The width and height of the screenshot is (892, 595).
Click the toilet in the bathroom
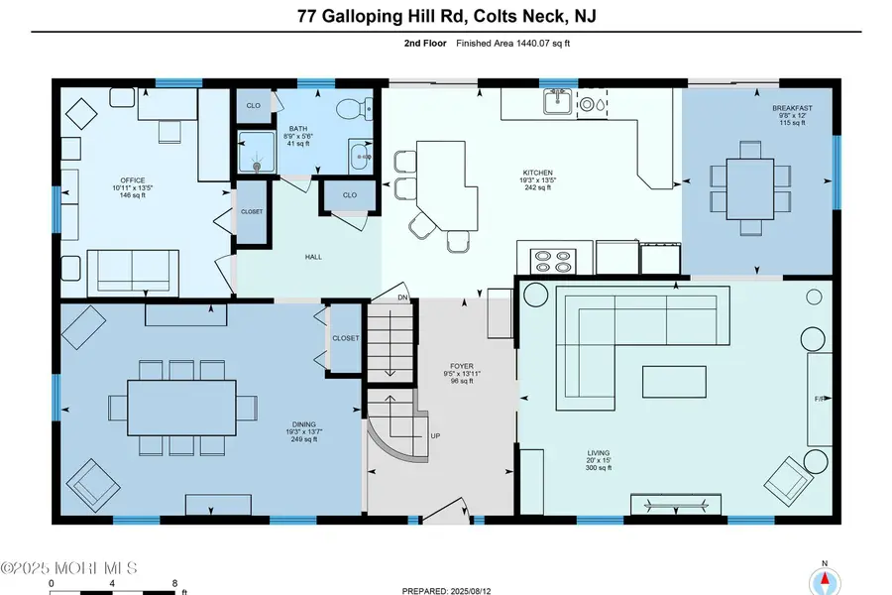[354, 109]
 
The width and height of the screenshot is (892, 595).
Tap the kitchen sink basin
[557, 102]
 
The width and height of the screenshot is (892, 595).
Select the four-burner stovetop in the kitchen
[553, 262]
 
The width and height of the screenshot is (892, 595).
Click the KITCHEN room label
[537, 173]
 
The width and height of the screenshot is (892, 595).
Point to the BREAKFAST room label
[792, 108]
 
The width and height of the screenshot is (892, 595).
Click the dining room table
[181, 408]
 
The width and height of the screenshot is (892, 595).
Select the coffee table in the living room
[674, 382]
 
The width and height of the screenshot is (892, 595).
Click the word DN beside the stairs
[402, 297]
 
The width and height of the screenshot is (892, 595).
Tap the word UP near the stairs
[435, 436]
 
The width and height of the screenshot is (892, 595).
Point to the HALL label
[313, 257]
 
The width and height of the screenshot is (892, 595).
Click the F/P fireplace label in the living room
[820, 399]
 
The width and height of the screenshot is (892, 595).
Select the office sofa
[133, 274]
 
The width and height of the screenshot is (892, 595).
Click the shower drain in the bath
[257, 167]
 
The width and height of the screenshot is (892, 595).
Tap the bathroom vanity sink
[359, 155]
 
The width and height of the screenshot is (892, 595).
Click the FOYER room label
[461, 366]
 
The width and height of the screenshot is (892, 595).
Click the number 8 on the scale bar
[174, 583]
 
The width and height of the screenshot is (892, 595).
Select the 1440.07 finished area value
[532, 44]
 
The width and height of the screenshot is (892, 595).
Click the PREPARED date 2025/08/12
[470, 591]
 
